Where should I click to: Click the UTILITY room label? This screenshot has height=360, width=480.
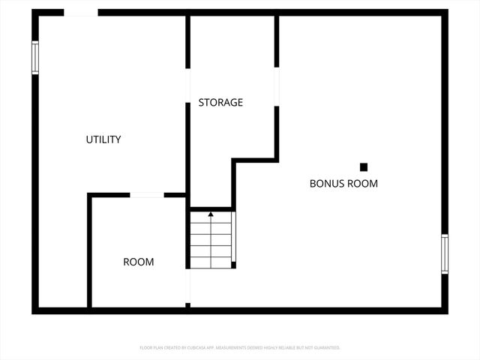(x=103, y=139)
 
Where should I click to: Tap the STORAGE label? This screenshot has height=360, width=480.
(x=220, y=102)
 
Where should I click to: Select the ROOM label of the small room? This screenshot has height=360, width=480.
(x=139, y=262)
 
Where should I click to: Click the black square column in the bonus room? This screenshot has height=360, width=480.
(x=364, y=166)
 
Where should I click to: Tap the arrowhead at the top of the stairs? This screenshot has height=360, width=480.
(x=211, y=214)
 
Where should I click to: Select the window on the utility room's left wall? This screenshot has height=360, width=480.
(x=34, y=58)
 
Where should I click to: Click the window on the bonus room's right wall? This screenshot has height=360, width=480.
(x=445, y=253)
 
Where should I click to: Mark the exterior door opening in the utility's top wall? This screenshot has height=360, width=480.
(x=81, y=13)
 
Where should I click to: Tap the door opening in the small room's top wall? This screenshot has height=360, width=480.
(x=147, y=195)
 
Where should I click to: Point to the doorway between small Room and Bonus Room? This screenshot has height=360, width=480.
(x=187, y=285)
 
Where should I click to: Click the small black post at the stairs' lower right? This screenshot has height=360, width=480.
(x=234, y=265)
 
